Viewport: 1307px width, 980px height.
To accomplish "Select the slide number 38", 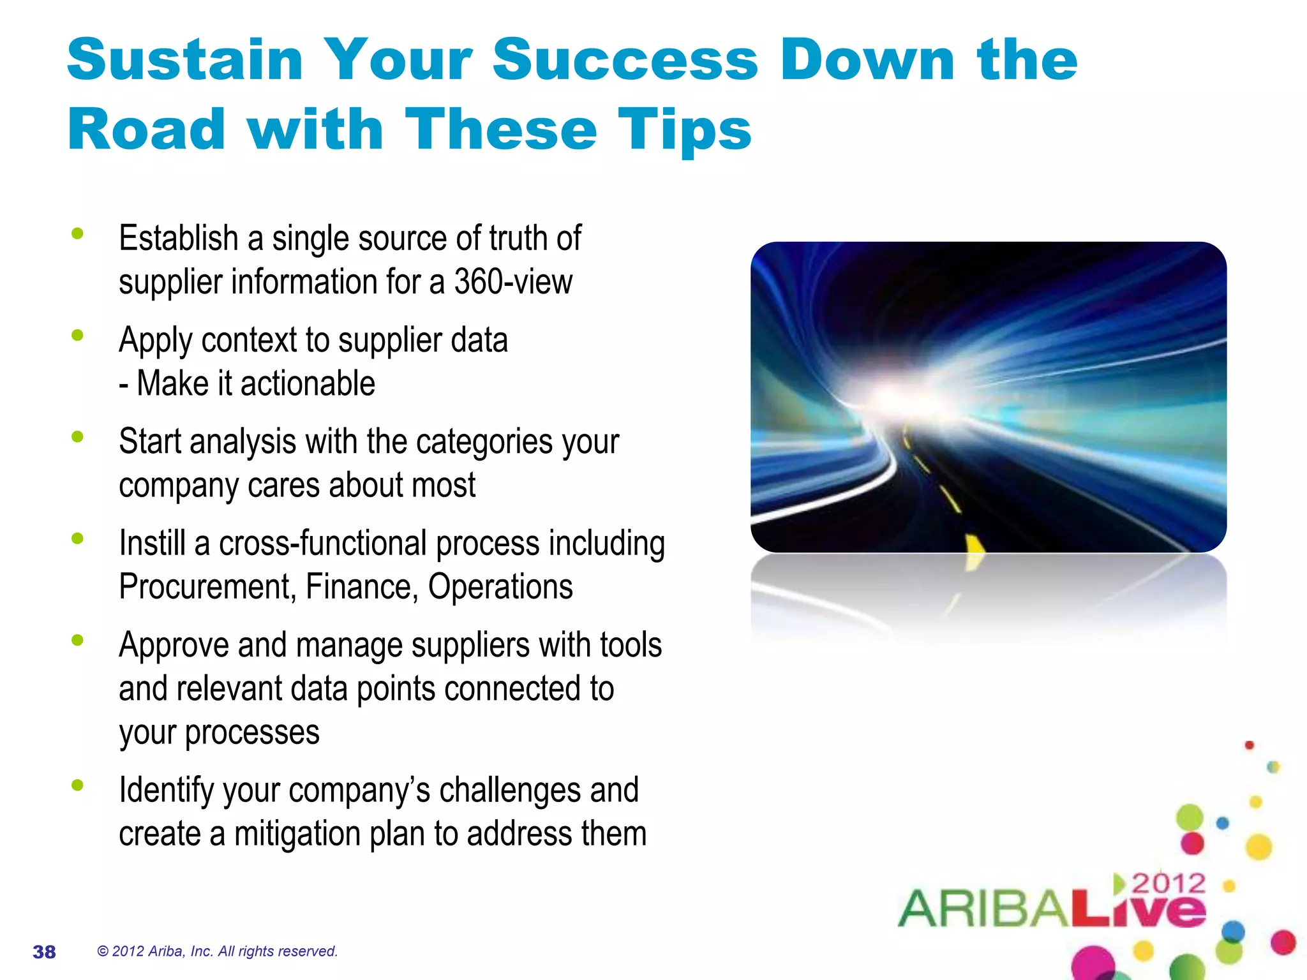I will pyautogui.click(x=44, y=952).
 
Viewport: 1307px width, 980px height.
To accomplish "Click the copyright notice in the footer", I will pyautogui.click(x=217, y=951).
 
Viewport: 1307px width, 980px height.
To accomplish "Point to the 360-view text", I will pyautogui.click(x=513, y=281).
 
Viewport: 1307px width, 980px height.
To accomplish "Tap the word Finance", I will pyautogui.click(x=361, y=587).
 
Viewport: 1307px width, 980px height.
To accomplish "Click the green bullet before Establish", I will pyautogui.click(x=78, y=234).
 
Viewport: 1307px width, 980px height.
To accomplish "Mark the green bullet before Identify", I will pyautogui.click(x=78, y=785).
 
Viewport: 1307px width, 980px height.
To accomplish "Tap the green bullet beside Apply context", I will pyautogui.click(x=78, y=336).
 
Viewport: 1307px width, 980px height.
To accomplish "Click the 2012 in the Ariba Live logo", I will pyautogui.click(x=1169, y=884).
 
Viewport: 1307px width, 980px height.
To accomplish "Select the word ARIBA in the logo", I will pyautogui.click(x=983, y=909).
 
